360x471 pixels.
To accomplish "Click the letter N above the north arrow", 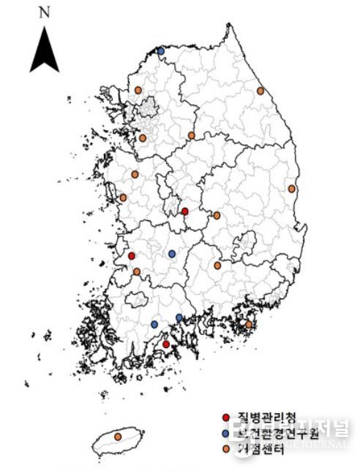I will (45, 12).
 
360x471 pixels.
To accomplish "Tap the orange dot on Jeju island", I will (119, 437).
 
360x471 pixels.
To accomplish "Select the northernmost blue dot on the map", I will (161, 51).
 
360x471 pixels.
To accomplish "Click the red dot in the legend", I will (226, 418).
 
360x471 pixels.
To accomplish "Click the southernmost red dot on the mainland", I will (166, 344).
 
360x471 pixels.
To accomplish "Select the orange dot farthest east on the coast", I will (292, 189).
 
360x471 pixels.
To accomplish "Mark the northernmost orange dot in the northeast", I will (260, 91).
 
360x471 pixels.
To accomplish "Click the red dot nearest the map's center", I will (184, 211).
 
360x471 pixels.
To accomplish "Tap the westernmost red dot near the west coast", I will (132, 256).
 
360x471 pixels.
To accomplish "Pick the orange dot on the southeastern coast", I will (249, 324).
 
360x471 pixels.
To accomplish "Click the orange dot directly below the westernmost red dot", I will (137, 271).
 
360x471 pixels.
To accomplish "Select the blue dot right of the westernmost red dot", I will (172, 254).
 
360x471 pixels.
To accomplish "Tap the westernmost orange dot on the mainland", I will (123, 197).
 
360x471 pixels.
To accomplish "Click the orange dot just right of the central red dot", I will (217, 216).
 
